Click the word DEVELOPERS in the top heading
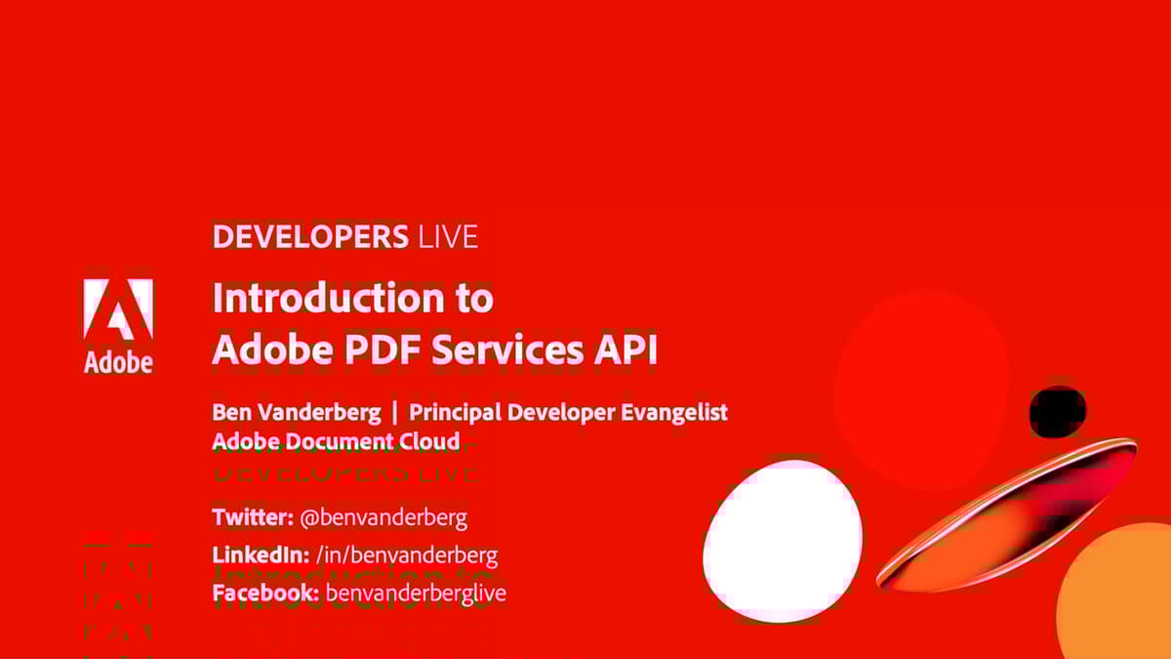[309, 237]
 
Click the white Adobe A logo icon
[118, 309]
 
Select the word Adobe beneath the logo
[118, 362]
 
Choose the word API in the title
[626, 350]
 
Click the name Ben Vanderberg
[297, 412]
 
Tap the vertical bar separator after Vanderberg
[394, 412]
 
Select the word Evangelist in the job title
[674, 412]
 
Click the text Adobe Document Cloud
[336, 441]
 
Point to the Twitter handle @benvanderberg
[384, 517]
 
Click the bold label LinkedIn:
[261, 556]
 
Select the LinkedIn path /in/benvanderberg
[407, 556]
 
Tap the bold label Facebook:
[265, 593]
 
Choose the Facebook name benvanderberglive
[416, 593]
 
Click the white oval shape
[783, 541]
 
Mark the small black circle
[1057, 411]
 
